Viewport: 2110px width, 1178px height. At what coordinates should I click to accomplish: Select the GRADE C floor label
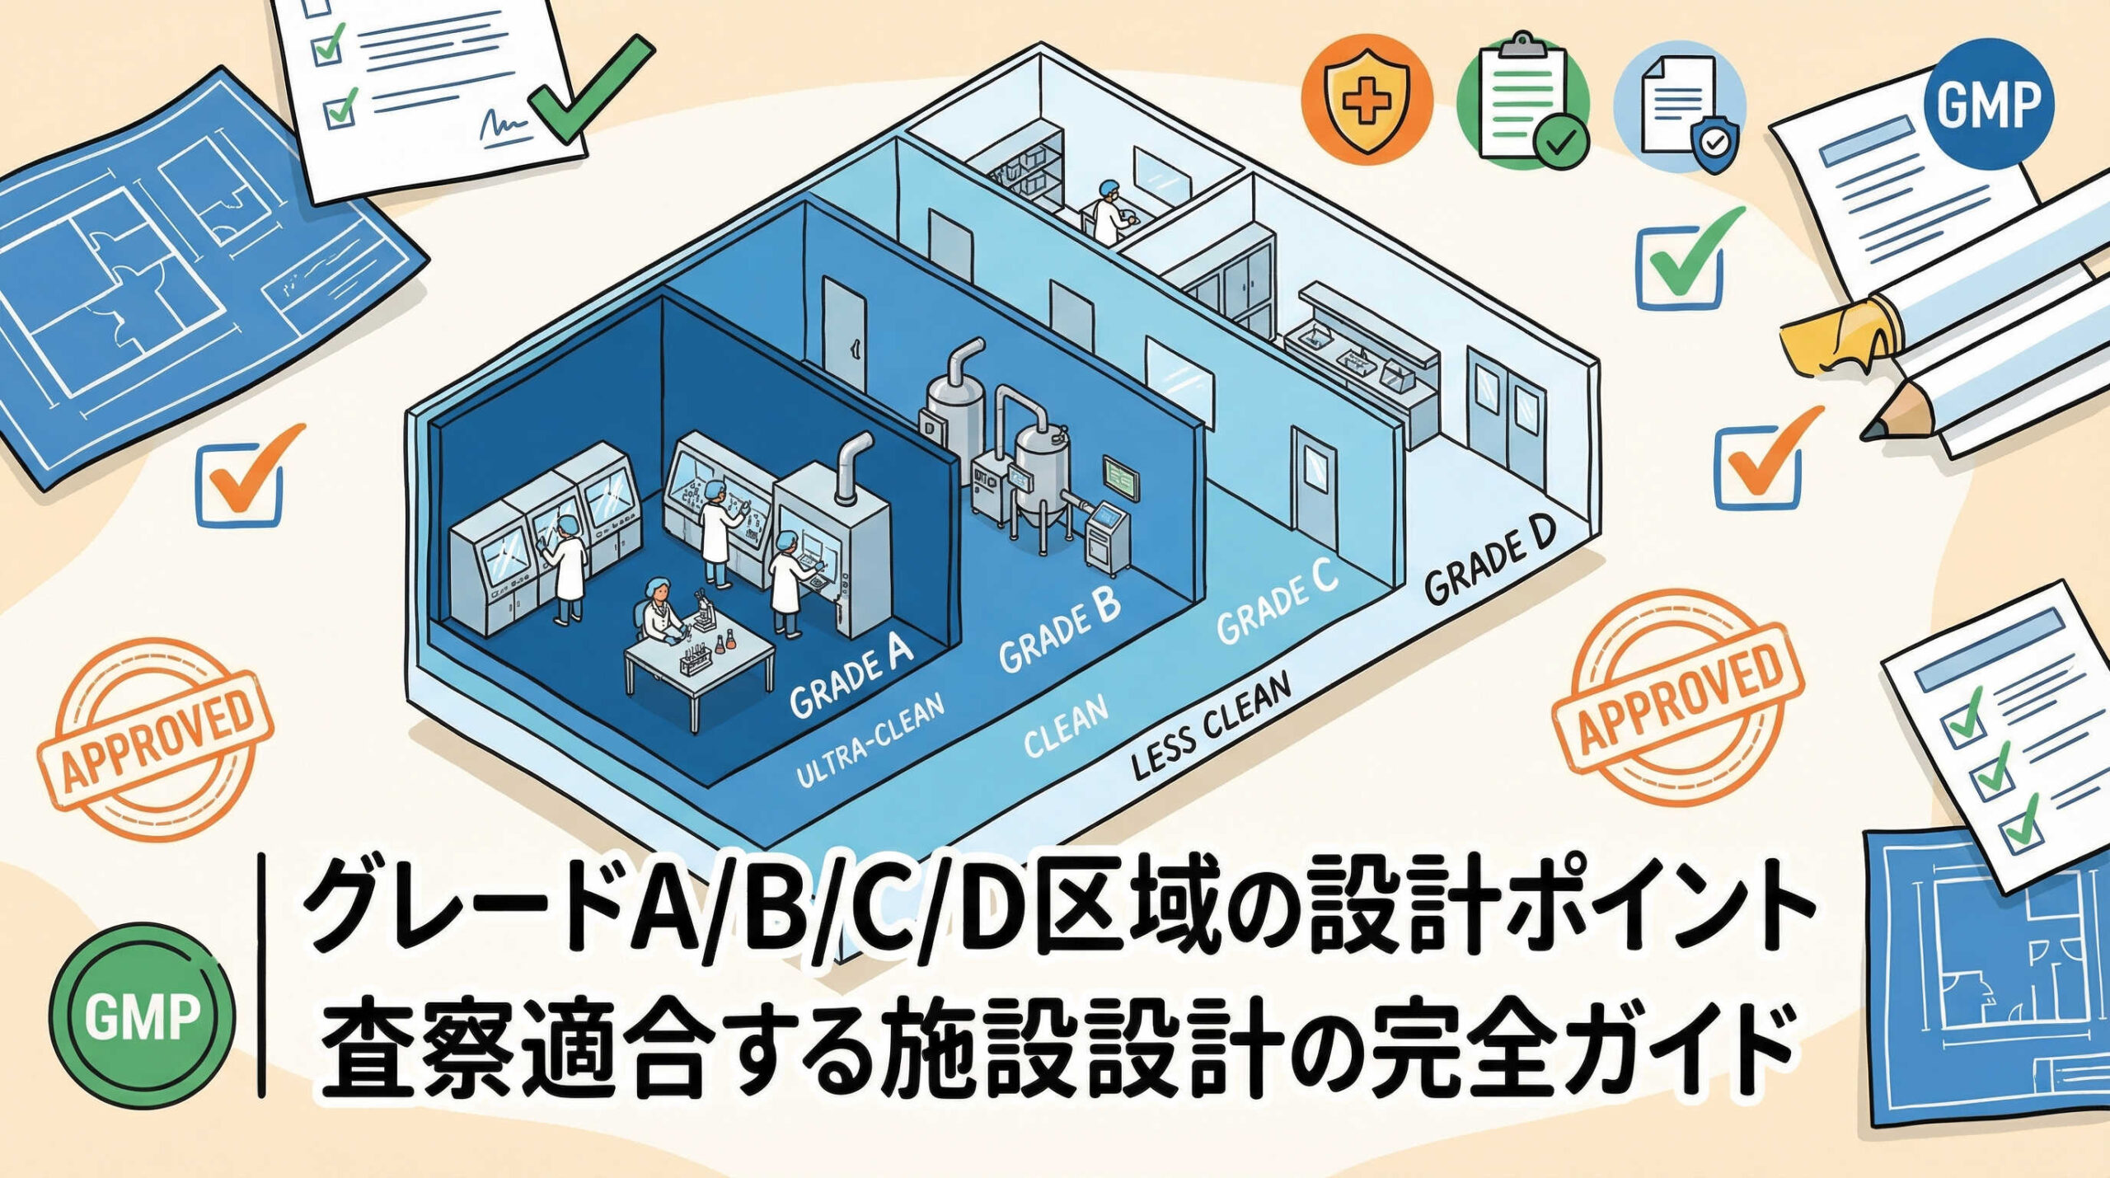[1277, 600]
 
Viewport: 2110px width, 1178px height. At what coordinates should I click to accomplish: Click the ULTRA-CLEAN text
[870, 742]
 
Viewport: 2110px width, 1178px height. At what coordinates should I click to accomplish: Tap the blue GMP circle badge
[1987, 104]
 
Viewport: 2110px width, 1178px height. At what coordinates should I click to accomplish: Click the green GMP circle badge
[142, 1016]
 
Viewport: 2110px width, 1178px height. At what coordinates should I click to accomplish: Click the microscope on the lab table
[702, 610]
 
